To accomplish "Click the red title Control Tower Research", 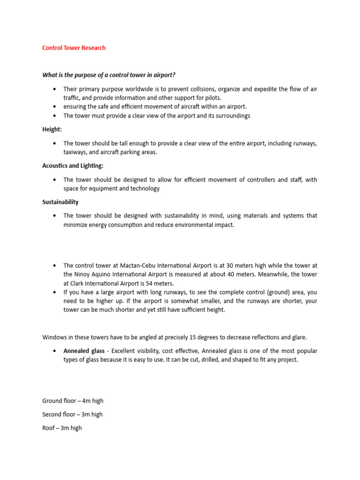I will click(x=74, y=48).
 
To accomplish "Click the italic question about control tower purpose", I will click(x=109, y=75).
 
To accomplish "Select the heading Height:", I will click(x=52, y=129).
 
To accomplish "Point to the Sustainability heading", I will click(x=60, y=202).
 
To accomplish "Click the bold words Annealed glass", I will click(x=84, y=351).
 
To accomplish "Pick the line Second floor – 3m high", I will click(x=72, y=414).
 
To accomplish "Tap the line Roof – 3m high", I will click(x=62, y=428).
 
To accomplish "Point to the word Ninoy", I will click(x=83, y=274).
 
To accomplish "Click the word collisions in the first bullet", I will click(x=203, y=89).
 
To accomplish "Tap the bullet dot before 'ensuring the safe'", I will click(x=55, y=107).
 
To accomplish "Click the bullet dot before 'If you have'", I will click(x=55, y=292).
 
